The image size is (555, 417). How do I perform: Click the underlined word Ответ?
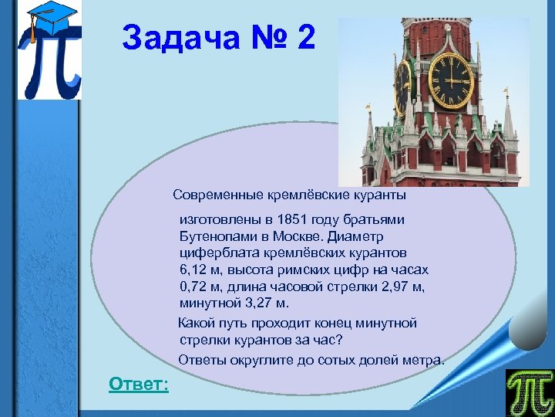tap(139, 384)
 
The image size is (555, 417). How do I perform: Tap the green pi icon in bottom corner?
tap(529, 392)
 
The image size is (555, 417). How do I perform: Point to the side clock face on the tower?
tap(403, 86)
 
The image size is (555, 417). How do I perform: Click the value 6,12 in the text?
tap(195, 270)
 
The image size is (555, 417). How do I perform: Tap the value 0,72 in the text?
tap(195, 286)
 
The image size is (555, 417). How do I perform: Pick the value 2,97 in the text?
tap(396, 286)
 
